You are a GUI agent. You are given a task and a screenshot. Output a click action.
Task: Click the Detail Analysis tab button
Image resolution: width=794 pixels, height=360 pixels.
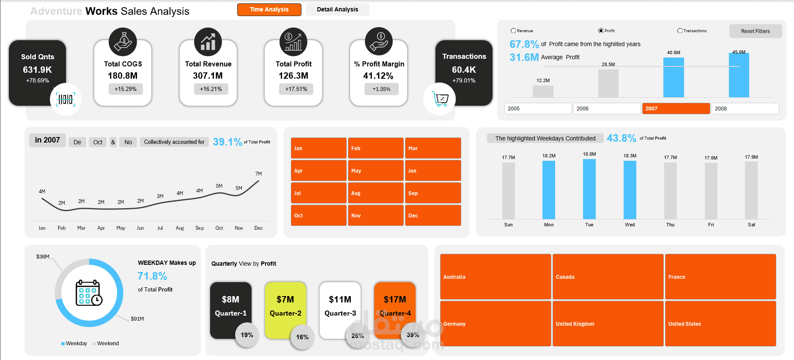(337, 9)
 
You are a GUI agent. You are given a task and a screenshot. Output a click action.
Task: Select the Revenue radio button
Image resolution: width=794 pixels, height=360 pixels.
(513, 31)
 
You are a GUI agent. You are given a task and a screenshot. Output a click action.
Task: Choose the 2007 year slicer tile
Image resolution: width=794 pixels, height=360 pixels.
(676, 109)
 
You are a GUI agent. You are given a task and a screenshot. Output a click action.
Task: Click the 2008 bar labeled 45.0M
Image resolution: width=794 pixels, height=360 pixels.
(739, 75)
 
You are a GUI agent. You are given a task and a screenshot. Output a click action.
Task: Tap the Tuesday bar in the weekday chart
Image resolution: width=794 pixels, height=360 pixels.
(589, 189)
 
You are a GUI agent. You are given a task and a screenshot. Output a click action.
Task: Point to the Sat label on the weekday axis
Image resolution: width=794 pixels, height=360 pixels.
(751, 225)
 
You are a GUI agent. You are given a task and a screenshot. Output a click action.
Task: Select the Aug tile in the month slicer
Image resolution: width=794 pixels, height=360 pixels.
(375, 193)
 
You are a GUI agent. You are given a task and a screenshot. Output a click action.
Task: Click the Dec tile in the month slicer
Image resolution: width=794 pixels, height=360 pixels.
(433, 215)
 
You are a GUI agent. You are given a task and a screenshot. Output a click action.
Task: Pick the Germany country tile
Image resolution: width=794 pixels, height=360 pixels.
(495, 324)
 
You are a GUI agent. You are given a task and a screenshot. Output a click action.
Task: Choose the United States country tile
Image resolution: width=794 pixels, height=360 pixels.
(720, 324)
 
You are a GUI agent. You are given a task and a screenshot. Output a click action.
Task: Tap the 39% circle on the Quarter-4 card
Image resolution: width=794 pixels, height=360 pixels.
(413, 335)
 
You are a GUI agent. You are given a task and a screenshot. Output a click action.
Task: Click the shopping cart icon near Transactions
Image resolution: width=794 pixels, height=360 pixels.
(440, 99)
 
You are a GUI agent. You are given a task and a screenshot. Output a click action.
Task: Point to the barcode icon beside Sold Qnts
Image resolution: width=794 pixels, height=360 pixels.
(66, 99)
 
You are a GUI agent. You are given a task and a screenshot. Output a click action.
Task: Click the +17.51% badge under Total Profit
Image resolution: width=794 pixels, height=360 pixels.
(296, 89)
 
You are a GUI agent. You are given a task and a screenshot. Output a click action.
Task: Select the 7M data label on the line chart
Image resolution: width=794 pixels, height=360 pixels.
(258, 174)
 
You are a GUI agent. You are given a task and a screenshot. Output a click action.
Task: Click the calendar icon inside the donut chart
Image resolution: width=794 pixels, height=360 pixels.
(89, 293)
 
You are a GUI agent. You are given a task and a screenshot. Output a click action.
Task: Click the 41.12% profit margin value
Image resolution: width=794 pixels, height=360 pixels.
(378, 76)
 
